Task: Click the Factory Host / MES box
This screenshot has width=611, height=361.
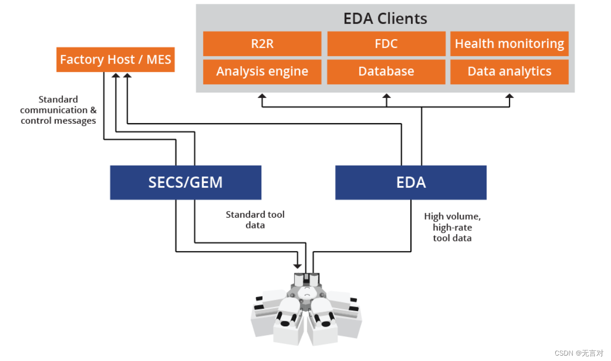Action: click(x=115, y=60)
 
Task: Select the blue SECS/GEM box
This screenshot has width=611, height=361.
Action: click(x=185, y=182)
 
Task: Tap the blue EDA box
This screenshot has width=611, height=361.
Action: click(x=410, y=182)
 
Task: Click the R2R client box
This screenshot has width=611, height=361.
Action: click(x=262, y=44)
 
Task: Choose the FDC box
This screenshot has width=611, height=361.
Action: click(x=386, y=44)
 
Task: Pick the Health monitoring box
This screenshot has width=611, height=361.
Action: click(x=509, y=44)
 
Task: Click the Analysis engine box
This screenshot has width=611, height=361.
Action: click(x=262, y=71)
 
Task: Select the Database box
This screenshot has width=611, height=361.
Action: click(x=386, y=71)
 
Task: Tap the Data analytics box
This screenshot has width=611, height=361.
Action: click(x=509, y=71)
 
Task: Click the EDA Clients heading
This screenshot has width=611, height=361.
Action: click(x=385, y=19)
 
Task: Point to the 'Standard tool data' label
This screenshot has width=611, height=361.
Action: click(x=255, y=220)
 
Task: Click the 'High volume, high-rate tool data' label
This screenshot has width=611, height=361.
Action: click(x=452, y=227)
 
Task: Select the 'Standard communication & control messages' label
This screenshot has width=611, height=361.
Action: click(x=58, y=110)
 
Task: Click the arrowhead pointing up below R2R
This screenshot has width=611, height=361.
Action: click(x=262, y=97)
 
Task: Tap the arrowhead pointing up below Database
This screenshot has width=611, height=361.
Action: click(x=386, y=97)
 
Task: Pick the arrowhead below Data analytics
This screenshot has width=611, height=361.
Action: click(x=509, y=97)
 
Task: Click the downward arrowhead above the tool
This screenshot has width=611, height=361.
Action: click(x=297, y=266)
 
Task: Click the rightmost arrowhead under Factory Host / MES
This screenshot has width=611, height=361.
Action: click(x=127, y=75)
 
